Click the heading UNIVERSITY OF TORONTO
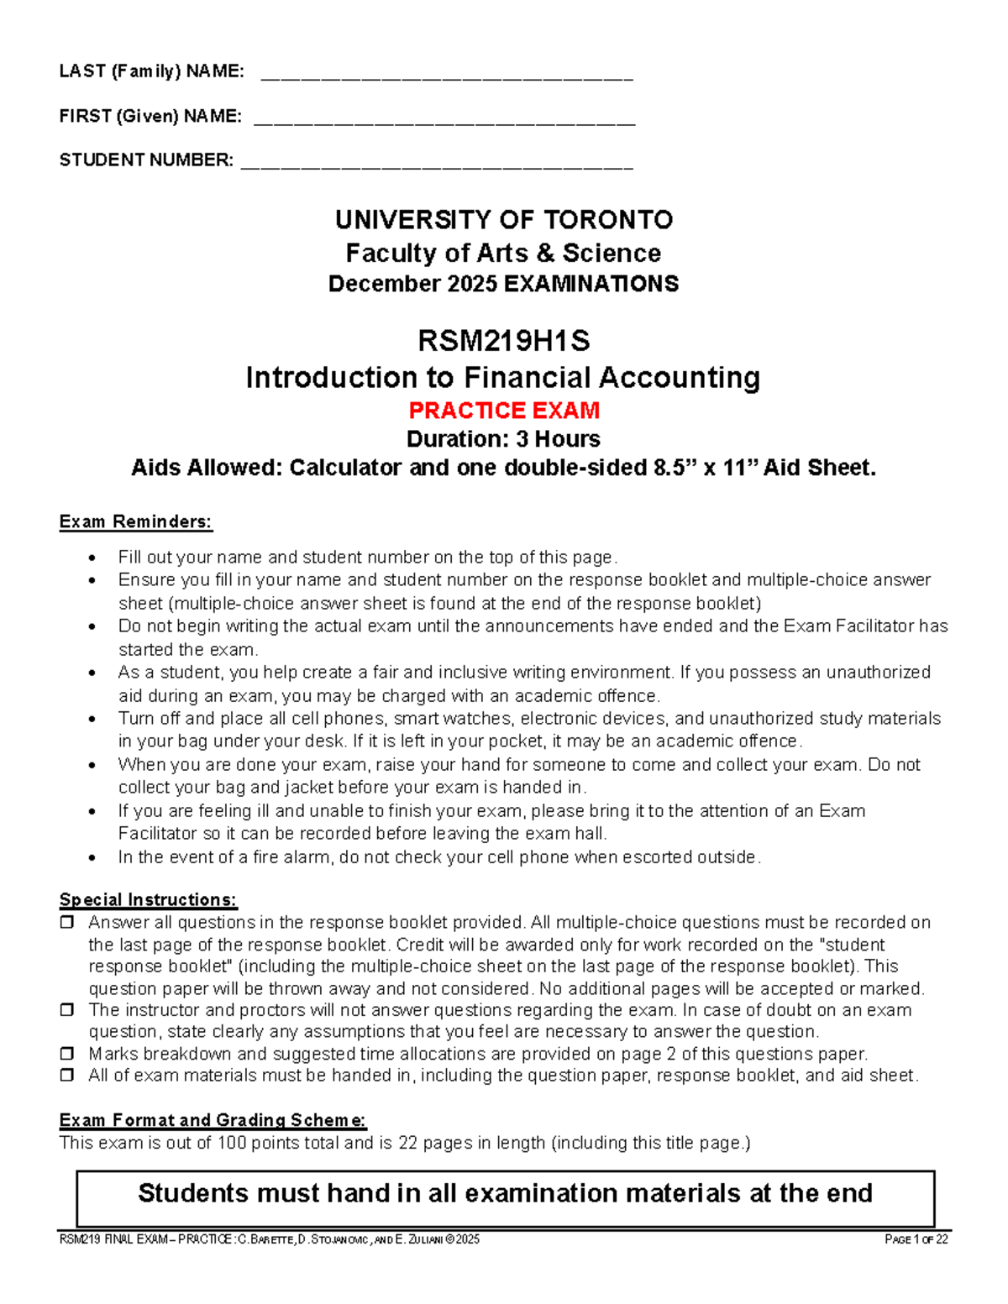(x=504, y=220)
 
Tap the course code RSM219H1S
(x=504, y=341)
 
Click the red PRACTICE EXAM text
(x=504, y=411)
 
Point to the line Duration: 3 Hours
(x=504, y=439)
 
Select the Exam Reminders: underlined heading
(x=135, y=521)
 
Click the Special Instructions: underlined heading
(x=148, y=900)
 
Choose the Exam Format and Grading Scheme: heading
(x=213, y=1120)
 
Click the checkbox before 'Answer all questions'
(x=66, y=923)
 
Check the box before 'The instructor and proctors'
(x=66, y=1010)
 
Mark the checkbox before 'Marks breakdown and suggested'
(x=66, y=1054)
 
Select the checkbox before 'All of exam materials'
(x=66, y=1076)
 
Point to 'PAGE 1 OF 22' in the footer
(x=916, y=1239)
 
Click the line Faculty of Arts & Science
(x=504, y=253)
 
